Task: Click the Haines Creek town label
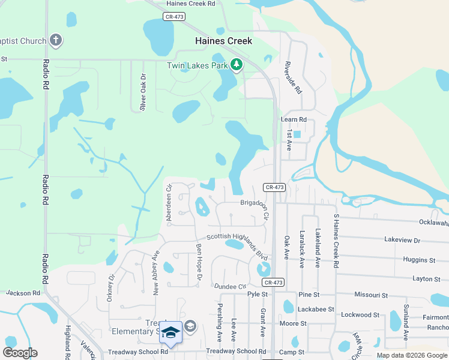coord(223,41)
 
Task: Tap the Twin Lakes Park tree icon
coord(237,64)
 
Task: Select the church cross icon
coord(56,41)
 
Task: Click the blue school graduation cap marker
coord(171,333)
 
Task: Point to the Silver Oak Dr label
coord(143,92)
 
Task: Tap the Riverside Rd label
coord(294,77)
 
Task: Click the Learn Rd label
coord(294,119)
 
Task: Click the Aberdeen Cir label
coord(169,202)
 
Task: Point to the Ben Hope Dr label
coord(199,257)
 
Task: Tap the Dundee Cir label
coord(230,287)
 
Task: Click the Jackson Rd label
coord(23,293)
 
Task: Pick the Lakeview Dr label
coord(402,239)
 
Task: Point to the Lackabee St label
coord(314,309)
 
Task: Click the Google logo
coord(20,353)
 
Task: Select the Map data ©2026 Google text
coord(412,355)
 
